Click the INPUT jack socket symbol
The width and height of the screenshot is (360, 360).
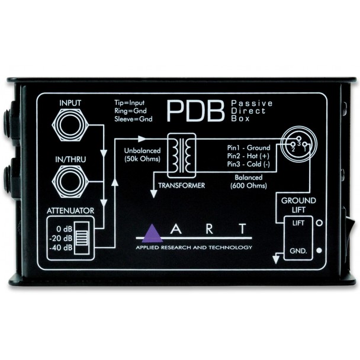(x=70, y=125)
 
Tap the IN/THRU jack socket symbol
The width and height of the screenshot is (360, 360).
(x=70, y=182)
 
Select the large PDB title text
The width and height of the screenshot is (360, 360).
(x=195, y=111)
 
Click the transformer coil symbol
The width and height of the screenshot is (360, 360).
(x=182, y=156)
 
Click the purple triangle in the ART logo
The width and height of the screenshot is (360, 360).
(x=152, y=233)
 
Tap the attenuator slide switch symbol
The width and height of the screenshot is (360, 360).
(x=82, y=238)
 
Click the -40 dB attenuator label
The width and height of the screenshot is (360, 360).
(x=61, y=247)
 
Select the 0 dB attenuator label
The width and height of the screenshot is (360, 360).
(x=65, y=229)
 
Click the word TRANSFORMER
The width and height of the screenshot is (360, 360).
(x=181, y=185)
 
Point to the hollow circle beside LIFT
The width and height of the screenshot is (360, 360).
(x=319, y=223)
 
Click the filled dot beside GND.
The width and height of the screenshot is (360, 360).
(x=319, y=250)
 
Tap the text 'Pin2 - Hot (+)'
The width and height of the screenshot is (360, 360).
(x=248, y=156)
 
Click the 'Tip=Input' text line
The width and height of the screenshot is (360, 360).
(x=130, y=102)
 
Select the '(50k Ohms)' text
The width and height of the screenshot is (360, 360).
(x=142, y=159)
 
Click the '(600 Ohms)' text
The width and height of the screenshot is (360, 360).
(x=249, y=185)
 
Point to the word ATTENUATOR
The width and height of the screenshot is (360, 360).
(x=70, y=211)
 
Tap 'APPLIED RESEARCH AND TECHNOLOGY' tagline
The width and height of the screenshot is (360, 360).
(x=194, y=247)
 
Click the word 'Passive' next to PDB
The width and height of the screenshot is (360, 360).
(x=252, y=103)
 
